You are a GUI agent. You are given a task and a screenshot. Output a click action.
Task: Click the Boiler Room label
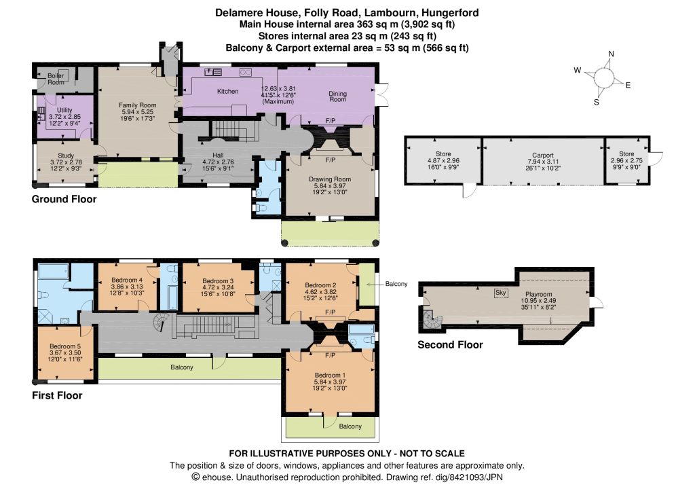(56, 79)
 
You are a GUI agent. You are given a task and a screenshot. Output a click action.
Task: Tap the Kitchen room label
(228, 92)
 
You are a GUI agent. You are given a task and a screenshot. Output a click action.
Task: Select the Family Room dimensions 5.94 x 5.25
(137, 112)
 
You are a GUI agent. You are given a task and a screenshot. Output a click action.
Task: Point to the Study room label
(66, 156)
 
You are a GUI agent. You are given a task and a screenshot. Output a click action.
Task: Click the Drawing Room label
(330, 179)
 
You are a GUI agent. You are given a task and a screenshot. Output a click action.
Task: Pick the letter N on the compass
(612, 54)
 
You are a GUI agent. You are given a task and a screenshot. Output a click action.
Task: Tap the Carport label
(543, 156)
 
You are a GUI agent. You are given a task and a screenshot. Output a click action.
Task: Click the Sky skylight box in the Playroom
(500, 293)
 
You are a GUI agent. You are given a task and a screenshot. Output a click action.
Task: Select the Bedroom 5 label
(65, 346)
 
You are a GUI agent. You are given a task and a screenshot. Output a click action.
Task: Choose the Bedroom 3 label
(218, 280)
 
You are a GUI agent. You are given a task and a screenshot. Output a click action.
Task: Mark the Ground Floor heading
(64, 199)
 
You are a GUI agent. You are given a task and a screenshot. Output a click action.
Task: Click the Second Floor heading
(450, 344)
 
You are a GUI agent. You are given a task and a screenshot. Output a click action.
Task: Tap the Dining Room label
(338, 96)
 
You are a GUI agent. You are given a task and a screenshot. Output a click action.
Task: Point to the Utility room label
(64, 110)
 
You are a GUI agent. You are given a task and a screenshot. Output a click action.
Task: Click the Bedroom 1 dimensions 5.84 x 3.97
(330, 382)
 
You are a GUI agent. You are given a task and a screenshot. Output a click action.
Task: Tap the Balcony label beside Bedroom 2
(396, 284)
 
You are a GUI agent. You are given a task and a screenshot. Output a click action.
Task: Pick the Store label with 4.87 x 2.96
(443, 154)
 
